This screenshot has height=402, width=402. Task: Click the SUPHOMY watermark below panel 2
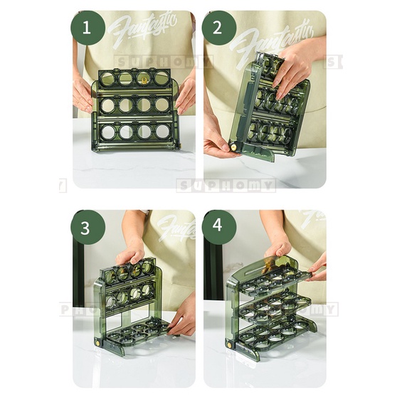tap(226, 186)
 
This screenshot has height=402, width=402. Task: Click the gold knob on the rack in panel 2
tap(232, 147)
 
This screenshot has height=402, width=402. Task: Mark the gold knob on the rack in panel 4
tap(230, 344)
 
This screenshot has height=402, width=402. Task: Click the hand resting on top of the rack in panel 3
tap(130, 254)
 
